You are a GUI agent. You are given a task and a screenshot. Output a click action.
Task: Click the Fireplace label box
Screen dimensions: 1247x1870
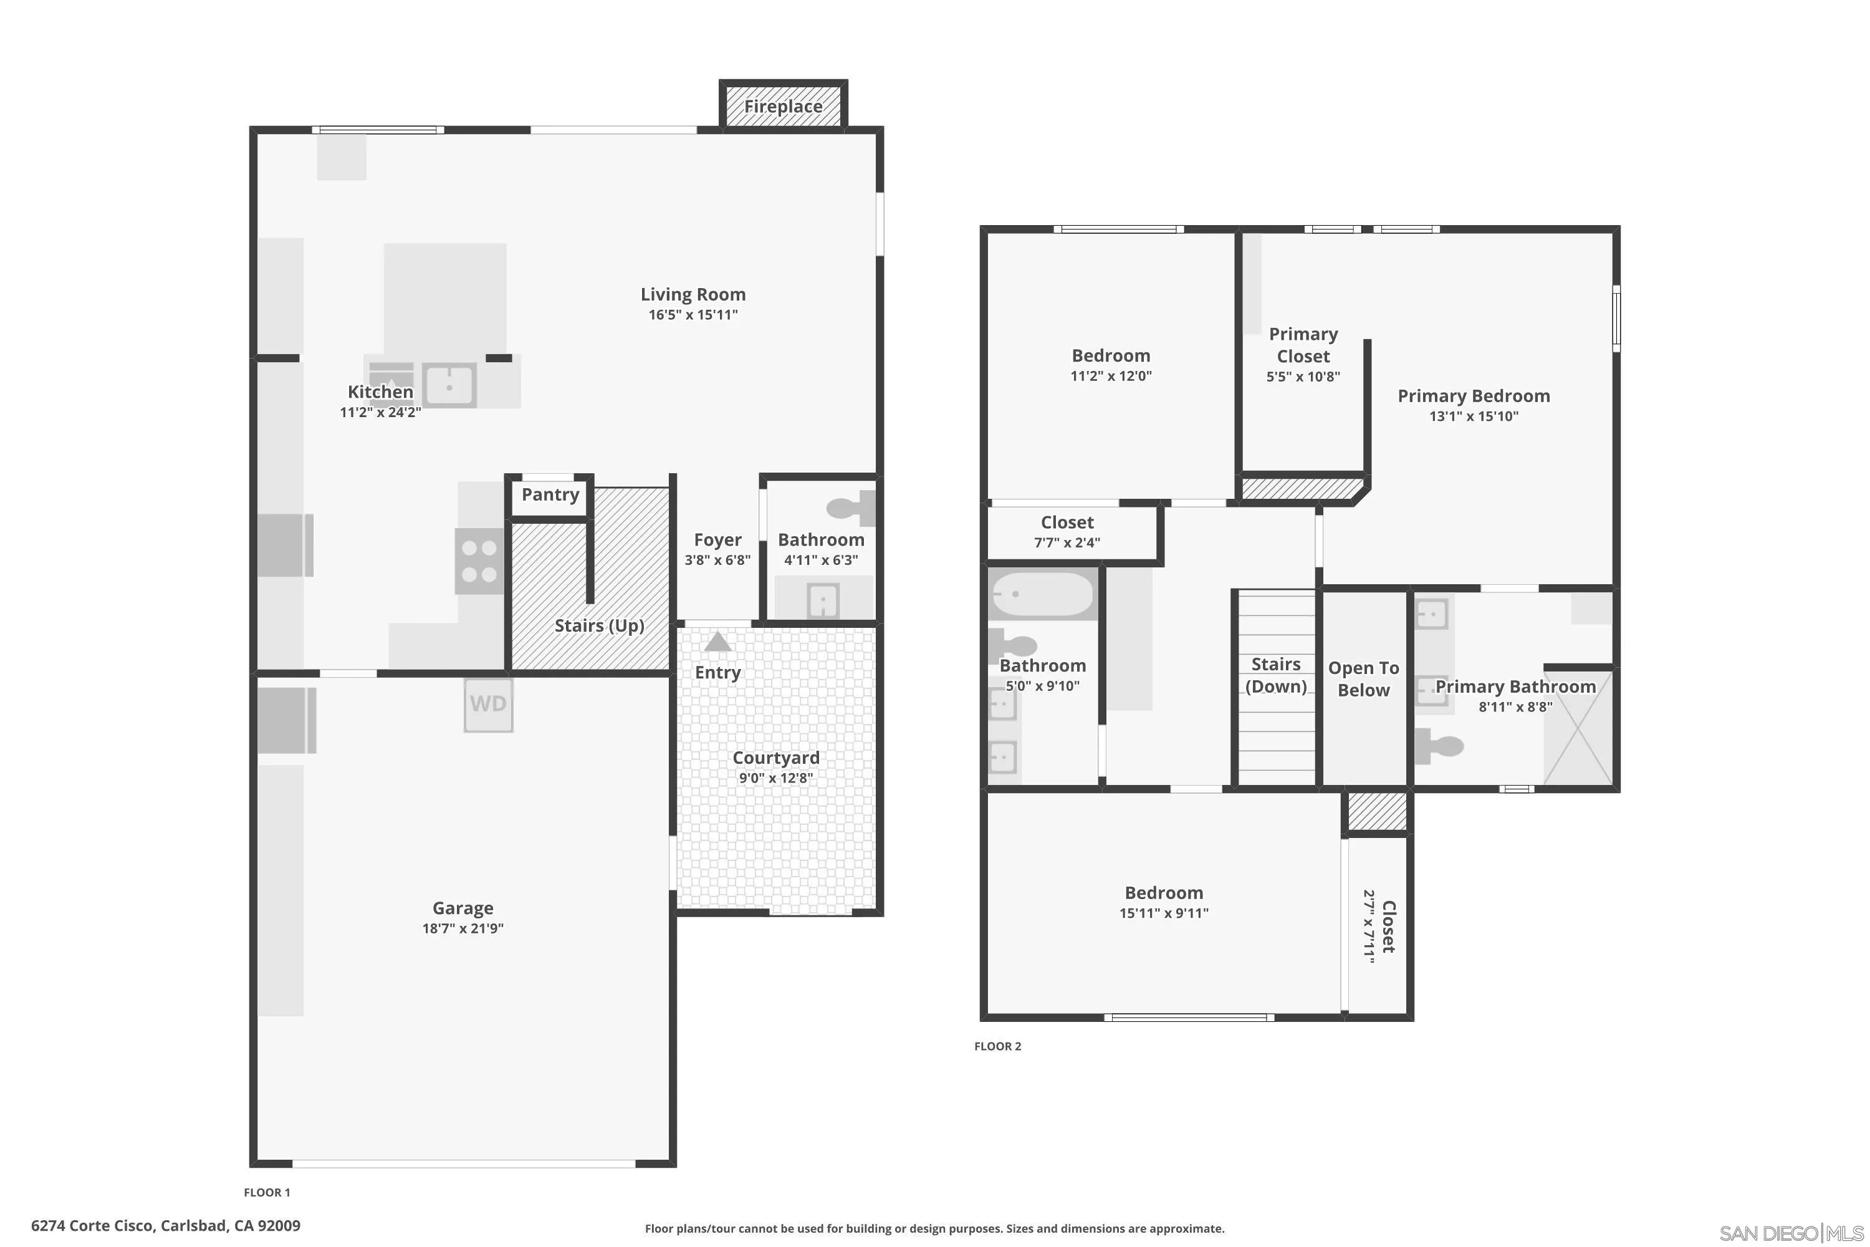(783, 106)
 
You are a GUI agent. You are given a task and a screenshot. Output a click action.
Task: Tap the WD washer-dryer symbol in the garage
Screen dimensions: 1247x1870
(488, 704)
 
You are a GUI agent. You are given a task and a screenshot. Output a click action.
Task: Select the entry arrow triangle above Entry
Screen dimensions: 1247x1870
(718, 642)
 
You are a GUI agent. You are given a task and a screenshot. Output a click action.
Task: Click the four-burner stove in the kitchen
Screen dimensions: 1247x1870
(479, 561)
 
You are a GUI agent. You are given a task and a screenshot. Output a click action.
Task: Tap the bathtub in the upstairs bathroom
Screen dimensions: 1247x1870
(1042, 595)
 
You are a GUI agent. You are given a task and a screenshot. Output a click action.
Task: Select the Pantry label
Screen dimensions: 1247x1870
(550, 494)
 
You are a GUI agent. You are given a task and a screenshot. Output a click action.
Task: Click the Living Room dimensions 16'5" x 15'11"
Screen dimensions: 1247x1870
(693, 315)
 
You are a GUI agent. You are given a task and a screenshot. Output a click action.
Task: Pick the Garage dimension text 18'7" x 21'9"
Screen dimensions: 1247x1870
(463, 928)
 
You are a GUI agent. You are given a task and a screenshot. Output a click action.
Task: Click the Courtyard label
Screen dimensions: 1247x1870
(775, 758)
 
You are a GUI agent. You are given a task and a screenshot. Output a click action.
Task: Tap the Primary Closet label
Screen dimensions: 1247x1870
(1303, 345)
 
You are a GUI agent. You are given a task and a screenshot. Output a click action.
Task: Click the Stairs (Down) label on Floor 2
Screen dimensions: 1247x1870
(1275, 675)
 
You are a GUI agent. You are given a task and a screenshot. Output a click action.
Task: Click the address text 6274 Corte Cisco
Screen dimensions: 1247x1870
(165, 1226)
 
